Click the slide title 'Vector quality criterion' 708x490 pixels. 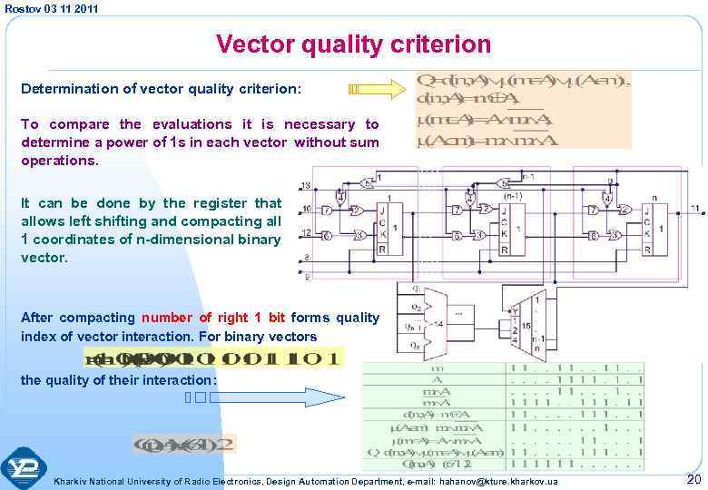(x=353, y=44)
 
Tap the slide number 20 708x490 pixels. (x=693, y=478)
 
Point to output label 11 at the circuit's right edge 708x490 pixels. (x=694, y=209)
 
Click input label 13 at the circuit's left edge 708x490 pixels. (x=304, y=185)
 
